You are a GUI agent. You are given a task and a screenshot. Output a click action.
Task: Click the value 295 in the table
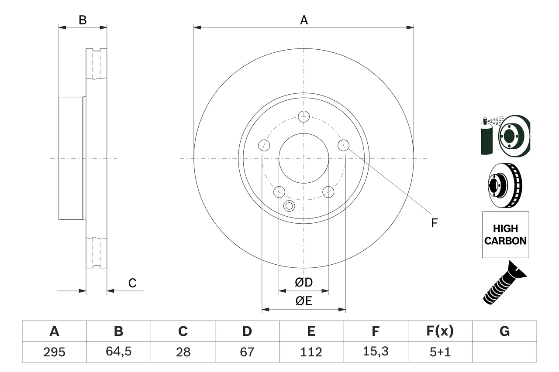(x=54, y=352)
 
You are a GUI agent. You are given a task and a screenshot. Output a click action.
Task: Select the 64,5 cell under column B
(x=118, y=352)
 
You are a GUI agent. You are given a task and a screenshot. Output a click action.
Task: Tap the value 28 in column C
(x=183, y=352)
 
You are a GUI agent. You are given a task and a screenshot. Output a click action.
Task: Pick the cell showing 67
(x=247, y=352)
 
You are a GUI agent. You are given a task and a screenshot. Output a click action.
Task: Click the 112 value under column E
(x=311, y=352)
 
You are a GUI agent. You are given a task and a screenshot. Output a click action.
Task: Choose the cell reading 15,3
(x=375, y=352)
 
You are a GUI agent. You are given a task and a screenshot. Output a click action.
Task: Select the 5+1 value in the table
(x=439, y=352)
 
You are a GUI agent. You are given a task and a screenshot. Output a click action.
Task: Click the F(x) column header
(x=439, y=331)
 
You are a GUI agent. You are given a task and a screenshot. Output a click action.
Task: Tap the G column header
(x=504, y=331)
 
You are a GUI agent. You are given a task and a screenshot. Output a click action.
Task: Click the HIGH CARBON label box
(x=505, y=235)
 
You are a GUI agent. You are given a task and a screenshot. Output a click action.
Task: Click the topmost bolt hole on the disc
(x=304, y=116)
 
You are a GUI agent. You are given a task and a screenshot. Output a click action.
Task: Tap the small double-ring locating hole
(x=289, y=206)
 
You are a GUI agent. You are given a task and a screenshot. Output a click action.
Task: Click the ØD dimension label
(x=304, y=283)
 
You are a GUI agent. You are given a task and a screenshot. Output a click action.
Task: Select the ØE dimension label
(x=304, y=301)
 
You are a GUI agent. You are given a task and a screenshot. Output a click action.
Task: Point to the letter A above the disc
(x=304, y=20)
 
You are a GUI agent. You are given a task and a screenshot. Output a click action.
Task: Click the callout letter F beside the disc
(x=434, y=223)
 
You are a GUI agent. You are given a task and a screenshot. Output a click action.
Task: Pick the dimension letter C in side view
(x=132, y=283)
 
